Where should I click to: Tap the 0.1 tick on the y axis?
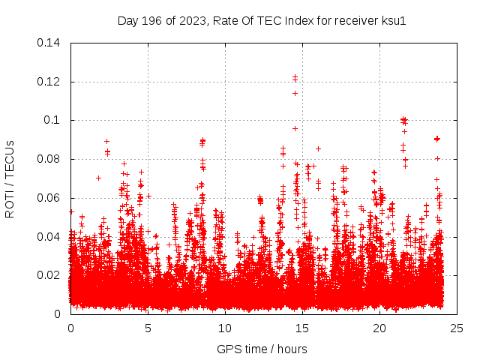(54, 120)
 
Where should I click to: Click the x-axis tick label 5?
(148, 328)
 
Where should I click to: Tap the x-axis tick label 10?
(225, 328)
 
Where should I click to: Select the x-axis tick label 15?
(302, 328)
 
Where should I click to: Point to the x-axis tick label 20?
(379, 328)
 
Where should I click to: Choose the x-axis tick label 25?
(457, 328)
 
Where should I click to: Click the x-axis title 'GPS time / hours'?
(262, 349)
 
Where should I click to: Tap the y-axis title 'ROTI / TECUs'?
(10, 178)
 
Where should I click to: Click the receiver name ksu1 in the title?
(394, 20)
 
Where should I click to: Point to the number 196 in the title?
(155, 20)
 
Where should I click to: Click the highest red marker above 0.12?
(295, 76)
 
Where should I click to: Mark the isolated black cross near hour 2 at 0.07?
(98, 178)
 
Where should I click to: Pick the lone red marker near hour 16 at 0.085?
(318, 148)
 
